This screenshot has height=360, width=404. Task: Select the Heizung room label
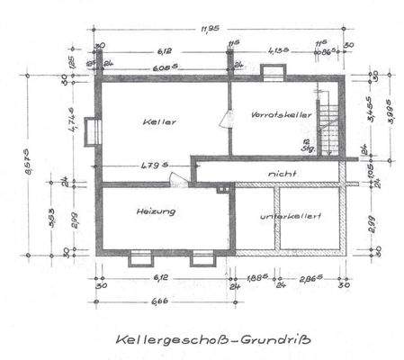click(x=156, y=211)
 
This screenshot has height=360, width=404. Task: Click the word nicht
click(x=283, y=171)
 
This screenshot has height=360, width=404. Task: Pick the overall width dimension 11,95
click(x=212, y=30)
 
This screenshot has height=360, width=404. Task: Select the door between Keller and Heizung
click(x=182, y=179)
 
